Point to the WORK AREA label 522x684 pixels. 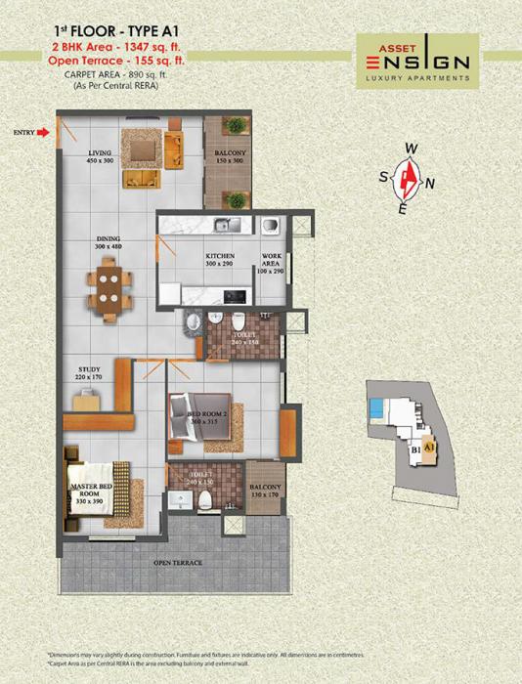tap(272, 261)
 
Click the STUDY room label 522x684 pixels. tap(89, 369)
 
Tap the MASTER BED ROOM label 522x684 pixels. tap(90, 489)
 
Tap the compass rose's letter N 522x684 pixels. tap(430, 183)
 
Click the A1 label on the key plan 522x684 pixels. tap(429, 447)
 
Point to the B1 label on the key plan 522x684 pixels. tap(415, 450)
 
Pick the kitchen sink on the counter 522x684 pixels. tap(224, 225)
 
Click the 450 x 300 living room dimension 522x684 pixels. tap(101, 161)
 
